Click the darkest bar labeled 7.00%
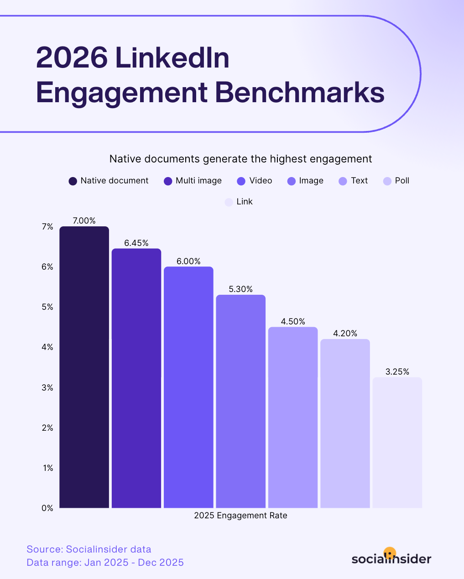(x=84, y=367)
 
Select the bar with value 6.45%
(x=136, y=378)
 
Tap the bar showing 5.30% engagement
(x=240, y=401)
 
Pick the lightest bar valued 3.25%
(x=397, y=443)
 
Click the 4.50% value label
(x=293, y=322)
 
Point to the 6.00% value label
(x=188, y=261)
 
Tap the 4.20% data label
(x=345, y=334)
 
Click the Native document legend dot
(x=73, y=181)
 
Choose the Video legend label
(x=261, y=181)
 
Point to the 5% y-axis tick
(x=47, y=307)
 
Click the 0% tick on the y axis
(x=47, y=508)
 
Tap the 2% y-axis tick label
(x=47, y=428)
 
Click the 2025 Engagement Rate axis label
(x=240, y=516)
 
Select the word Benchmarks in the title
(x=299, y=93)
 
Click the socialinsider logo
(x=391, y=557)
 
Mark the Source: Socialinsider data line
(x=89, y=549)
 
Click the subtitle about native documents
(x=240, y=159)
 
